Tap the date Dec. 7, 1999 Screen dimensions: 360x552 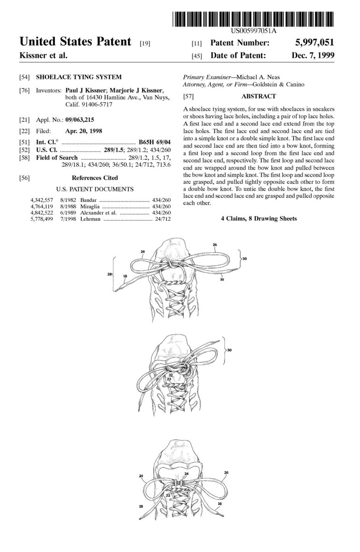(x=312, y=55)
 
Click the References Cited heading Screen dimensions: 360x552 (x=95, y=178)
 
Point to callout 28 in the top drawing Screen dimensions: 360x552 (x=110, y=274)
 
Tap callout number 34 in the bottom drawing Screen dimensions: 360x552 (x=186, y=473)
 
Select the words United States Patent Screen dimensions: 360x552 (x=75, y=42)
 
